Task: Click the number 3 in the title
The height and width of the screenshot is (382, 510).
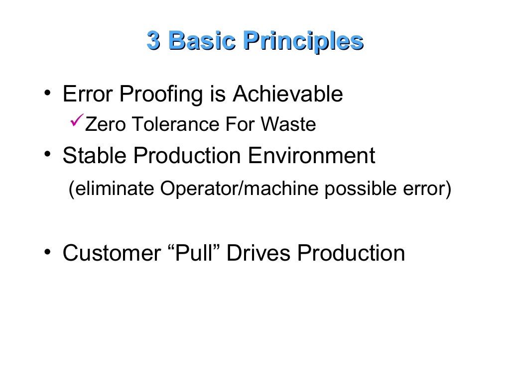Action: coord(153,41)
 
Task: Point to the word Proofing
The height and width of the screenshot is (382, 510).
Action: coord(156,95)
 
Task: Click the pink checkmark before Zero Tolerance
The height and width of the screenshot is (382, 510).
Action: coord(76,123)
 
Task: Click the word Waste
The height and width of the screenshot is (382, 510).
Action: coord(290,125)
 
